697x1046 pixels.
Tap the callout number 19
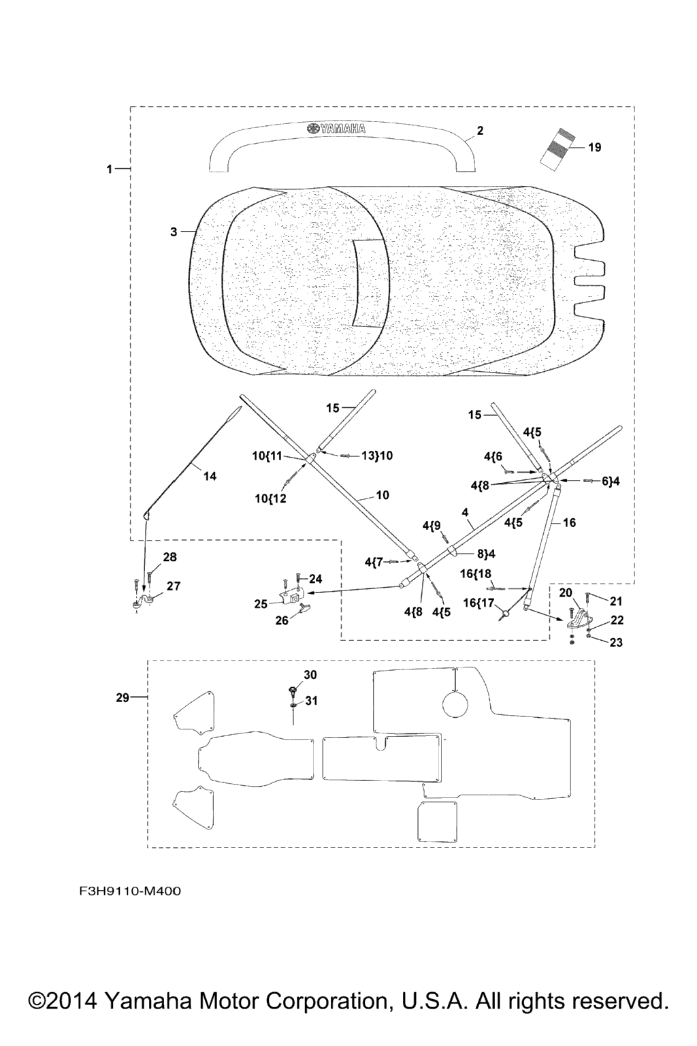coord(594,147)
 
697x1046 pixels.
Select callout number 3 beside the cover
coord(174,232)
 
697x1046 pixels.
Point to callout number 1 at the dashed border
coord(109,169)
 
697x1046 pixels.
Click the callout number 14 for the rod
coord(210,477)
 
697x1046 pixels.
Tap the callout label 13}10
coord(376,455)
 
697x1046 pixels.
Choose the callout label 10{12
coord(271,498)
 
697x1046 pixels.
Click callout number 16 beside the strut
coord(570,522)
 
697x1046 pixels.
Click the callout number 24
coord(316,579)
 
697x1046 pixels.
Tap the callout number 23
coord(616,642)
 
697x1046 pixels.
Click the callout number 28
coord(169,557)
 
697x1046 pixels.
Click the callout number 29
coord(123,697)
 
